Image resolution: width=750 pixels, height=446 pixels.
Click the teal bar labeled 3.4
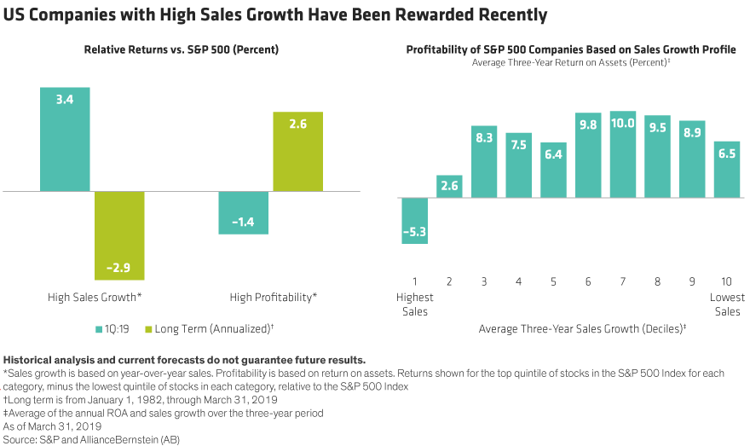tap(65, 139)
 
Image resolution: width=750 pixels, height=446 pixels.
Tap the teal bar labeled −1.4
tap(244, 212)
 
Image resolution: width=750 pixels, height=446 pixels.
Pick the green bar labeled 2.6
tap(297, 152)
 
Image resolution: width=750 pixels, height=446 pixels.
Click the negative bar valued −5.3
tap(414, 221)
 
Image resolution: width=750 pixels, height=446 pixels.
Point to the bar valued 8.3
tap(484, 161)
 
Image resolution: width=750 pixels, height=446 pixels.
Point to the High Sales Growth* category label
tap(94, 298)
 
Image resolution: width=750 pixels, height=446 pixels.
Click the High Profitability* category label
tap(273, 298)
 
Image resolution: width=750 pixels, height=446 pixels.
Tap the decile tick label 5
tap(553, 282)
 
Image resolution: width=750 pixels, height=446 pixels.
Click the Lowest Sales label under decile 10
tap(727, 304)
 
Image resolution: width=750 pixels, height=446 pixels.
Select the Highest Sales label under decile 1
tap(414, 304)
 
